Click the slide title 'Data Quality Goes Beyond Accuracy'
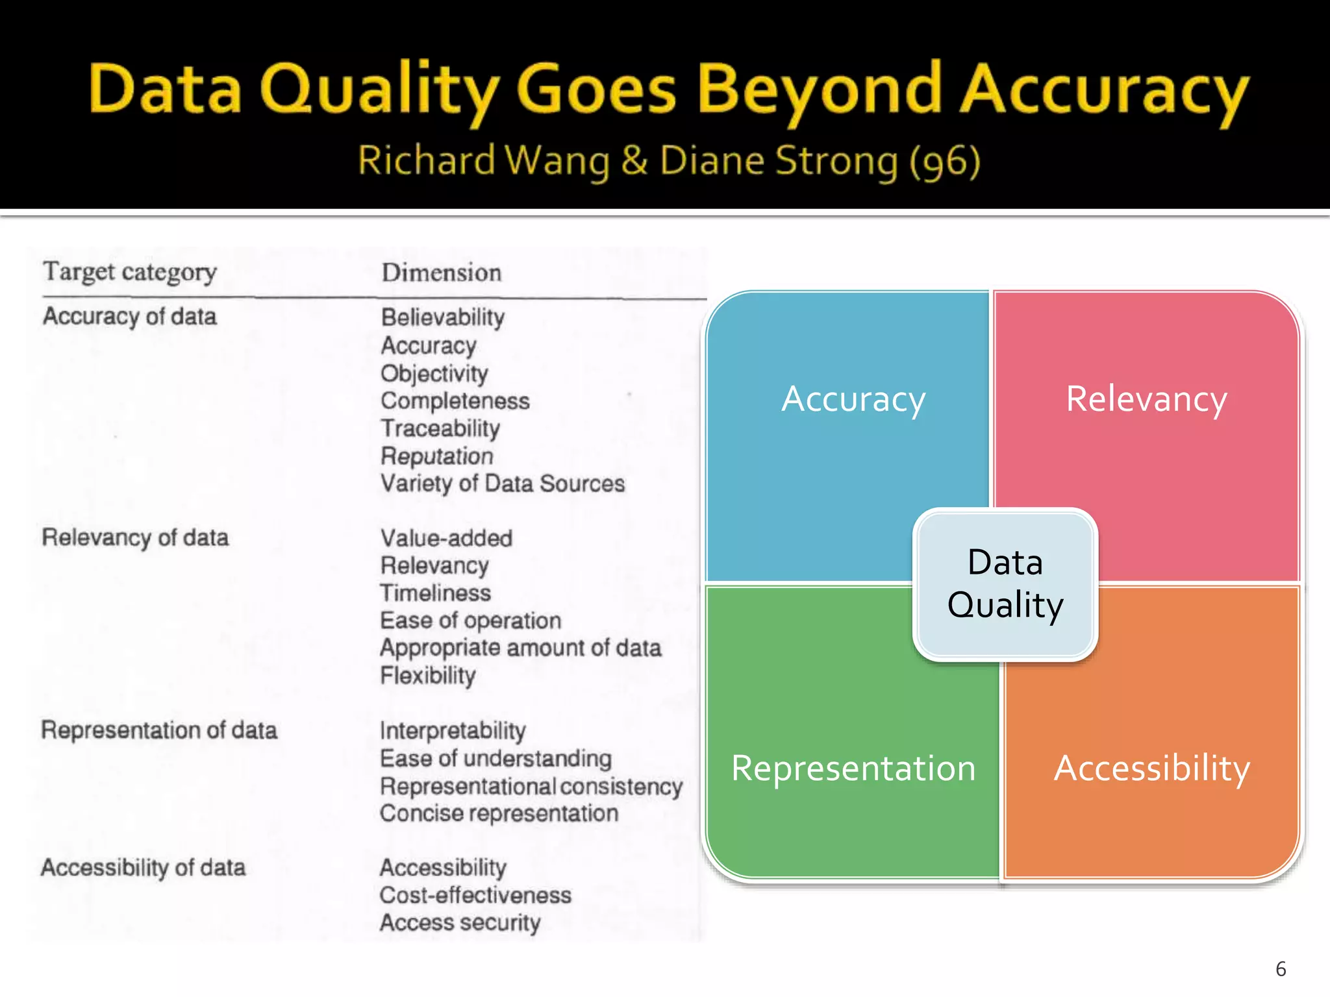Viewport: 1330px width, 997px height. point(669,91)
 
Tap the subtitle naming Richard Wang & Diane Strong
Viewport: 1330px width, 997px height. point(669,161)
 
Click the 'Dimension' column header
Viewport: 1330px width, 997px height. point(442,273)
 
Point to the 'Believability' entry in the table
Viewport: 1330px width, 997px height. point(443,317)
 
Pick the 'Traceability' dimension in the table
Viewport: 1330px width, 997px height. point(440,428)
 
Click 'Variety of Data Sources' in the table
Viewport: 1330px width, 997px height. point(503,484)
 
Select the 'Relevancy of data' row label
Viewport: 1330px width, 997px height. point(135,537)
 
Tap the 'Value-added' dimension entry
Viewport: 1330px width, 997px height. point(447,538)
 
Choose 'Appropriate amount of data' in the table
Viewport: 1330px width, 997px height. point(521,648)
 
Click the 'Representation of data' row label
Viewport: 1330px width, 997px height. point(159,730)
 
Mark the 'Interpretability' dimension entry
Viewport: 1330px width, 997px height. point(453,731)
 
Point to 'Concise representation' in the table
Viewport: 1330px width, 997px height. point(499,813)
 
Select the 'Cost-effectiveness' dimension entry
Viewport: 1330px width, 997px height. point(475,895)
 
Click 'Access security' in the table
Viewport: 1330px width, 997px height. point(460,922)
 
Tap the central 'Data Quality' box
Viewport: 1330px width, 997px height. point(1005,584)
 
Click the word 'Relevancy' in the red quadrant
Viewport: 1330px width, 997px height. point(1146,399)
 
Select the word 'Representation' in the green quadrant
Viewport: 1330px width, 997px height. point(853,769)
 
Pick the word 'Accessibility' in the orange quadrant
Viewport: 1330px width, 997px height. point(1151,769)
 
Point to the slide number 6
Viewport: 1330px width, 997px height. point(1281,969)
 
